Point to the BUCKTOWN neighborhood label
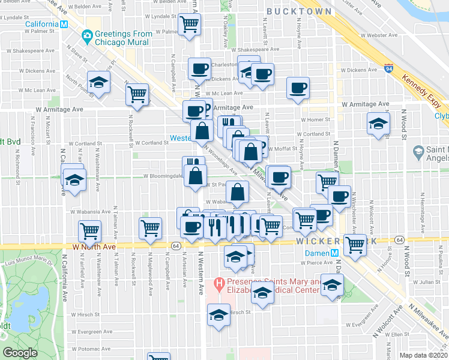pyautogui.click(x=299, y=11)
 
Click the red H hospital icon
pyautogui.click(x=219, y=282)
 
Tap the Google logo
pyautogui.click(x=20, y=353)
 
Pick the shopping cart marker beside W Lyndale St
pyautogui.click(x=190, y=25)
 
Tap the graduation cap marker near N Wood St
pyautogui.click(x=377, y=124)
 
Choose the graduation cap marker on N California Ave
pyautogui.click(x=74, y=179)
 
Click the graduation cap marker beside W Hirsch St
pyautogui.click(x=218, y=313)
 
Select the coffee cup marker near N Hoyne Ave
pyautogui.click(x=298, y=88)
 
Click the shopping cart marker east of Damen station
pyautogui.click(x=356, y=244)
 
